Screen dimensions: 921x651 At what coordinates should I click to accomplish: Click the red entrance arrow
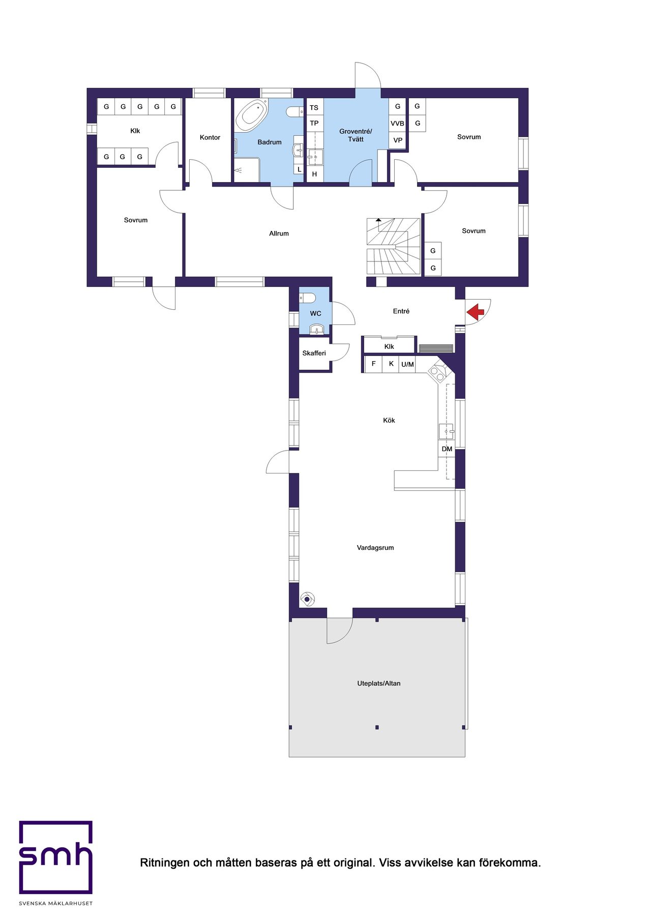point(476,312)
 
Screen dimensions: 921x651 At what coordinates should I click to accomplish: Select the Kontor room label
point(210,137)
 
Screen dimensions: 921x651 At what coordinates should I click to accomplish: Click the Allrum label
point(279,233)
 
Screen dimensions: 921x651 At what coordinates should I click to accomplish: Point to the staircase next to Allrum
point(393,247)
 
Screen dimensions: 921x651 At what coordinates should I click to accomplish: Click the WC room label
point(315,313)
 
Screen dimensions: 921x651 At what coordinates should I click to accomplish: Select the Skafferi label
point(314,353)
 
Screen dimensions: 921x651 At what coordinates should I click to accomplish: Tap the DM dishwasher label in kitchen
point(447,449)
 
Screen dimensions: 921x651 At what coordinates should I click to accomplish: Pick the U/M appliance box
point(407,364)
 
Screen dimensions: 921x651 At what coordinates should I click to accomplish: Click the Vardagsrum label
point(375,548)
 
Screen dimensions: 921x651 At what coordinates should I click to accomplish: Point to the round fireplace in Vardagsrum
point(308,600)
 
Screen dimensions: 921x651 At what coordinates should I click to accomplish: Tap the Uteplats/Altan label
point(378,684)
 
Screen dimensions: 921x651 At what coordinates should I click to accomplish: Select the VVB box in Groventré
point(397,124)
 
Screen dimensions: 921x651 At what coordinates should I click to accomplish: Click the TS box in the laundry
point(314,108)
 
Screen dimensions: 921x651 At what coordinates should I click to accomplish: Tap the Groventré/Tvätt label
point(356,135)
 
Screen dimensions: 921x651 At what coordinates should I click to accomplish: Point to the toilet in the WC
point(308,298)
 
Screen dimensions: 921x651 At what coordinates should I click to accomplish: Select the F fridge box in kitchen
point(374,364)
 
